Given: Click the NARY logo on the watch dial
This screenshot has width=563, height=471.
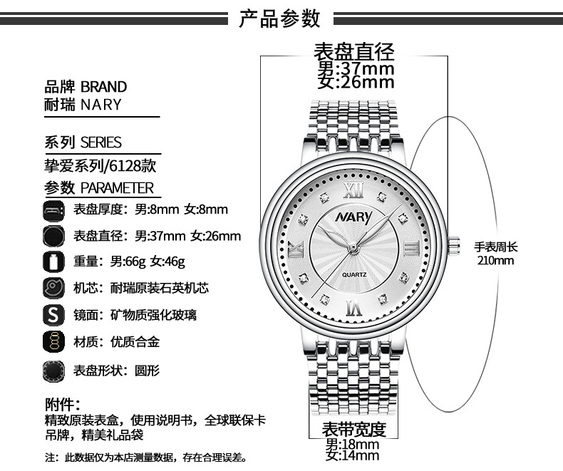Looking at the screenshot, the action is pos(354,216).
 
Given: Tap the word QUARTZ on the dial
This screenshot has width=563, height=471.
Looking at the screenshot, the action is pos(354,274).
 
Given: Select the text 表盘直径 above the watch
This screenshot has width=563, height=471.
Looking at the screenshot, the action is pos(353,52).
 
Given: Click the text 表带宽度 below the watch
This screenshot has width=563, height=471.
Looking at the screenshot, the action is pos(353,429).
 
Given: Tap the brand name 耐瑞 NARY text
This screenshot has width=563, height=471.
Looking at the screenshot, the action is pos(83,105).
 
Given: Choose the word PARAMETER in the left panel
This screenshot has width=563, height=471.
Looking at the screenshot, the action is pos(117,187).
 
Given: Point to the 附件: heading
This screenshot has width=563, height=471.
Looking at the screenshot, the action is pos(62,404).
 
